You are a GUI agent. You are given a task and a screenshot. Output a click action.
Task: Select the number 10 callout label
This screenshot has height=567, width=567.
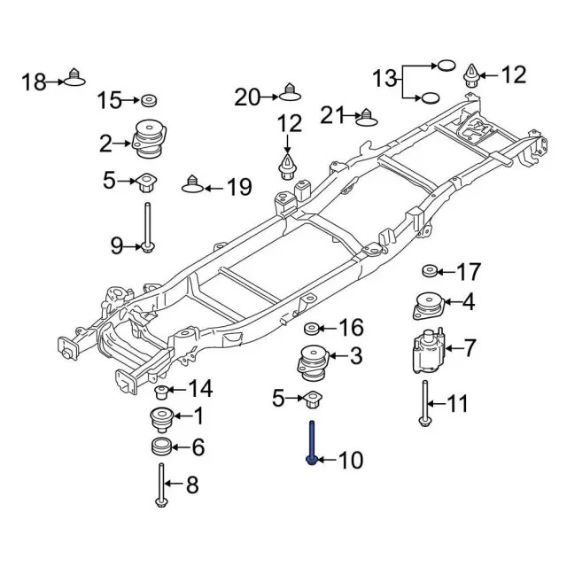(x=351, y=461)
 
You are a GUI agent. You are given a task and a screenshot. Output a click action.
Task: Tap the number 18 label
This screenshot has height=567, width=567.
(x=34, y=82)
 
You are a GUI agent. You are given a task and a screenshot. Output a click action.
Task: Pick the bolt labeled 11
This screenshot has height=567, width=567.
(x=426, y=404)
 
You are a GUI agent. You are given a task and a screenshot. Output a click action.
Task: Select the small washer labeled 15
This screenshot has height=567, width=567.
(x=149, y=99)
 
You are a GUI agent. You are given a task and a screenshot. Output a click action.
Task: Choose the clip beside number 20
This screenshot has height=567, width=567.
(x=289, y=90)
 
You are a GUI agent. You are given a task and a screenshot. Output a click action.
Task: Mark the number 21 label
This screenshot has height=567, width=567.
(x=331, y=114)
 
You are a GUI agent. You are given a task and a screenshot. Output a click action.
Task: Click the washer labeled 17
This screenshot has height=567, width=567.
(x=429, y=270)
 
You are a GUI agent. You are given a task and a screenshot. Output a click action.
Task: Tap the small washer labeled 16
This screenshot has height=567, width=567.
(x=312, y=329)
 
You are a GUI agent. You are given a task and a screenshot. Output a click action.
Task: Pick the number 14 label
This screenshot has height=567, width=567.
(x=200, y=388)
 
